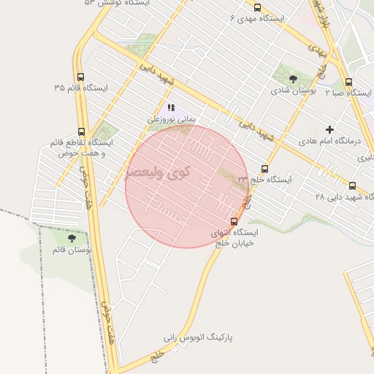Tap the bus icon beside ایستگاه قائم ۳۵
pyautogui.click(x=80, y=76)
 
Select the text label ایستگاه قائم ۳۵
pyautogui.click(x=80, y=88)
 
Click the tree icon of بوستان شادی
pyautogui.click(x=293, y=79)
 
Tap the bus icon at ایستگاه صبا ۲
pyautogui.click(x=349, y=82)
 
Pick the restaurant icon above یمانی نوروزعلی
pyautogui.click(x=171, y=107)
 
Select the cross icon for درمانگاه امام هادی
pyautogui.click(x=330, y=129)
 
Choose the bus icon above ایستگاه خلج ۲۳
pyautogui.click(x=264, y=169)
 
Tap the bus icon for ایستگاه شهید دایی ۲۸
pyautogui.click(x=353, y=186)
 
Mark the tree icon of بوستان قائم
pyautogui.click(x=72, y=238)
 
